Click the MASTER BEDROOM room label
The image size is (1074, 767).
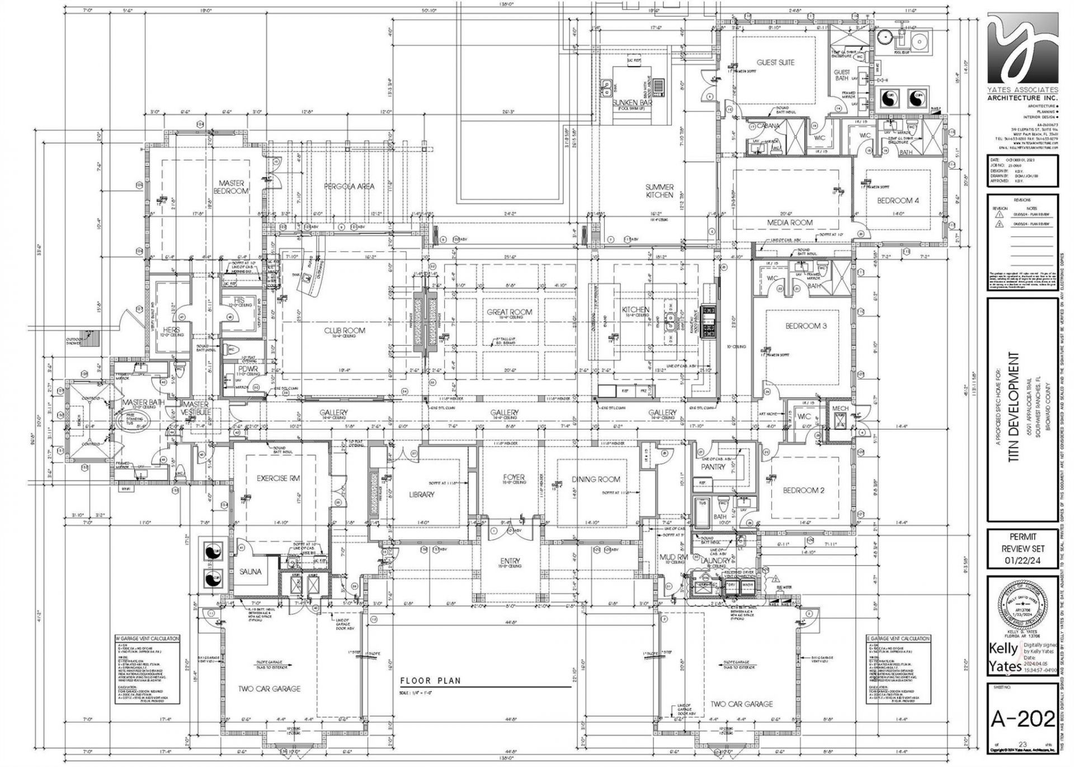231,187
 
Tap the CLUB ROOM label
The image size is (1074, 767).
345,331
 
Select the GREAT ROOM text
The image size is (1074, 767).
509,312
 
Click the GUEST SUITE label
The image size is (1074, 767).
775,63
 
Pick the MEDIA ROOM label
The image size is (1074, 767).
790,223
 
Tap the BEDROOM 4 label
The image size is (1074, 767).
898,201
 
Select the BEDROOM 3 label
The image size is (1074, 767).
806,326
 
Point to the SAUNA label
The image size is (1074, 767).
251,572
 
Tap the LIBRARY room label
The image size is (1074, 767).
421,495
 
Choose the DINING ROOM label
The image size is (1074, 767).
596,479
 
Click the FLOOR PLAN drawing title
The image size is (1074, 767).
430,681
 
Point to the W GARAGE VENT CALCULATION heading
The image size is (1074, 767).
147,638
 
